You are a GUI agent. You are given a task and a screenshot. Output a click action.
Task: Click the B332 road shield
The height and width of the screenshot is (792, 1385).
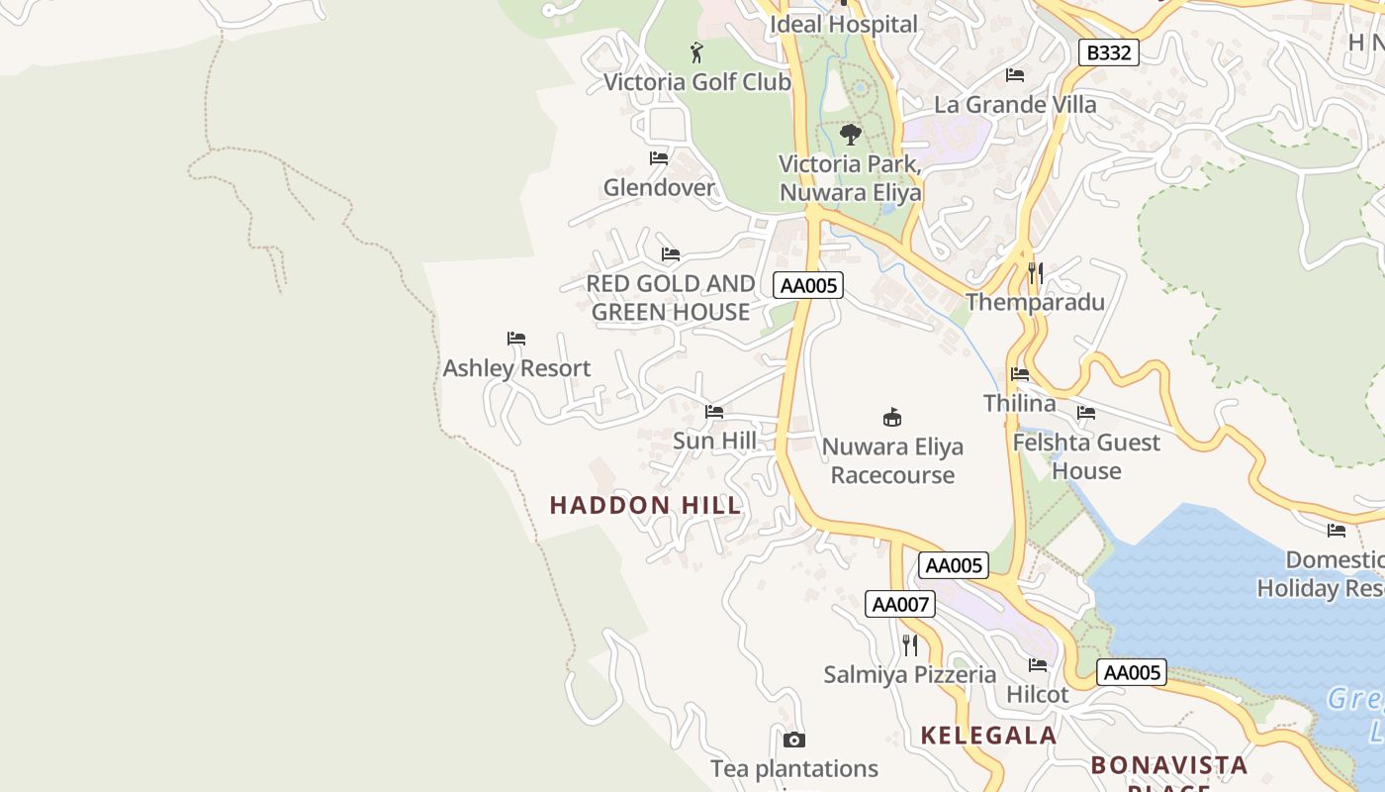tap(1108, 52)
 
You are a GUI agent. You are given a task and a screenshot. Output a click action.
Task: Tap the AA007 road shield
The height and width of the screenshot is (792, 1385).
tap(899, 604)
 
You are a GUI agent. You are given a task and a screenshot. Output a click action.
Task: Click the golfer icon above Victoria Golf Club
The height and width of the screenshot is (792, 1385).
tap(696, 52)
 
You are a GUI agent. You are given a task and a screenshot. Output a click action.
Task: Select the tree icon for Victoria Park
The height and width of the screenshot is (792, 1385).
tap(850, 135)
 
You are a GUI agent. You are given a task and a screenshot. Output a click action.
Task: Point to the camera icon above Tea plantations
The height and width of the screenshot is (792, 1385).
tap(793, 740)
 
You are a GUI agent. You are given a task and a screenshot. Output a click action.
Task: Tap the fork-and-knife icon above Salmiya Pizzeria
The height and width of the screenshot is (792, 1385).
tap(910, 645)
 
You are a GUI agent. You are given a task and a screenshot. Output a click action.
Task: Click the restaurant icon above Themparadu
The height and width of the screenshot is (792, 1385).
tap(1035, 273)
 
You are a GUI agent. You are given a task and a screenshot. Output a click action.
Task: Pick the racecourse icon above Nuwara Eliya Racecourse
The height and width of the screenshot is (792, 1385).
tap(892, 417)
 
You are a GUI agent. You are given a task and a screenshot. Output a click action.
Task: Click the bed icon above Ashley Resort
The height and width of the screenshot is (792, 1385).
tap(515, 339)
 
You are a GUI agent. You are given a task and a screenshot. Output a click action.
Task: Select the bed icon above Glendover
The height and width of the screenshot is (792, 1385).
tap(659, 158)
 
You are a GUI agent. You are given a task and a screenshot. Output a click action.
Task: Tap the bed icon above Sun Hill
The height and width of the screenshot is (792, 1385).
tap(714, 412)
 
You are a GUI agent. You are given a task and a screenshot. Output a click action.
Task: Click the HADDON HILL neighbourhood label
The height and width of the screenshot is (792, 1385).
tap(645, 505)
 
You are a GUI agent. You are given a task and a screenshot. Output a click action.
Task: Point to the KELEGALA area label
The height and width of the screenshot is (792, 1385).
tap(988, 736)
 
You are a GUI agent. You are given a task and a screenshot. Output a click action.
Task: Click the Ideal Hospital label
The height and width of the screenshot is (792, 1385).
tap(844, 24)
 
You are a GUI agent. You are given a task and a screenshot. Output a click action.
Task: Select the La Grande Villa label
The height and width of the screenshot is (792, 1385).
tap(1015, 104)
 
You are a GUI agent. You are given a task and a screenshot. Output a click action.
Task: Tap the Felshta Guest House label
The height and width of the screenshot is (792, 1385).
tap(1085, 456)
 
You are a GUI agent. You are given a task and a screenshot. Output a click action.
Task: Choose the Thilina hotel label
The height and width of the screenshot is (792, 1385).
tap(1019, 403)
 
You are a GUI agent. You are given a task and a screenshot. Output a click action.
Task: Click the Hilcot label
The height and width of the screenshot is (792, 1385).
tap(1037, 695)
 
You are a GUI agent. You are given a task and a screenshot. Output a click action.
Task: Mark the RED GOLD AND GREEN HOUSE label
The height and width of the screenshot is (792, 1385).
tap(671, 298)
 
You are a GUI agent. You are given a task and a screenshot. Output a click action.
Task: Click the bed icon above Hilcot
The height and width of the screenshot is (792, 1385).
tap(1037, 665)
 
